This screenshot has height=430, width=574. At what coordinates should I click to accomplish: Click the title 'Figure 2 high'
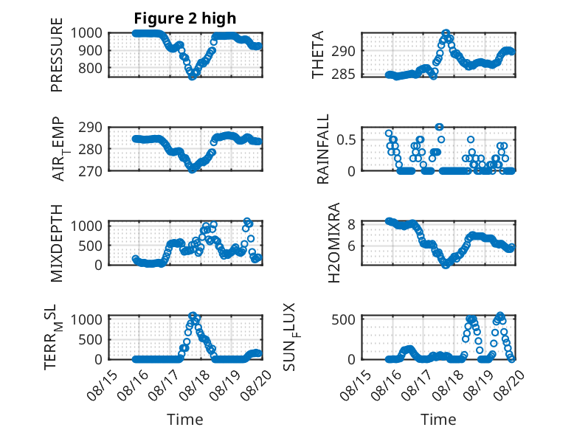[185, 18]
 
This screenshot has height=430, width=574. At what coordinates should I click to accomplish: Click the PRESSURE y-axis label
[57, 55]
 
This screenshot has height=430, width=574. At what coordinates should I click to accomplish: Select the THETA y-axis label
[318, 55]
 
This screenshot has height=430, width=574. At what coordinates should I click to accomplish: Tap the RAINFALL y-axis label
[323, 149]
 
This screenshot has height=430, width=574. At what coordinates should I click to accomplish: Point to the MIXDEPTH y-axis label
[57, 243]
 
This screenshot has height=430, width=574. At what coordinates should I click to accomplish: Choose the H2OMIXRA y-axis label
[334, 243]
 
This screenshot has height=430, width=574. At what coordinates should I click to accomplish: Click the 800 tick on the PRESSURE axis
[90, 68]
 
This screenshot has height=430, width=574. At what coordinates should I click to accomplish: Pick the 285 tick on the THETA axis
[343, 74]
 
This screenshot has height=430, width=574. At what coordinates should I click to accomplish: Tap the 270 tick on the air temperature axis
[90, 171]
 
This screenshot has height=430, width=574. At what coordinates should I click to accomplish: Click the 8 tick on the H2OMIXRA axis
[351, 224]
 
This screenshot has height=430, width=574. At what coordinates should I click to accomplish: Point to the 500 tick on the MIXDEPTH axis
[90, 246]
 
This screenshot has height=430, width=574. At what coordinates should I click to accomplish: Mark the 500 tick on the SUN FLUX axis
[343, 319]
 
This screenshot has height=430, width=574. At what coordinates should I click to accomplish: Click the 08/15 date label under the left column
[103, 385]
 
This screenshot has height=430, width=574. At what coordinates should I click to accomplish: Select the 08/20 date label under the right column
[509, 385]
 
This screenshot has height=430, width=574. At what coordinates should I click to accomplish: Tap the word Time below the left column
[185, 419]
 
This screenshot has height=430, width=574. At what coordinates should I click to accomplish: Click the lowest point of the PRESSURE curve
[192, 77]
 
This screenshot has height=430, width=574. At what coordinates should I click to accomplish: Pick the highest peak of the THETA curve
[446, 33]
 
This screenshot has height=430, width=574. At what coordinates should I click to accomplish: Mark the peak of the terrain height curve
[193, 315]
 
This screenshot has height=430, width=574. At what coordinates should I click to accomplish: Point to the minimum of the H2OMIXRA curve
[445, 266]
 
